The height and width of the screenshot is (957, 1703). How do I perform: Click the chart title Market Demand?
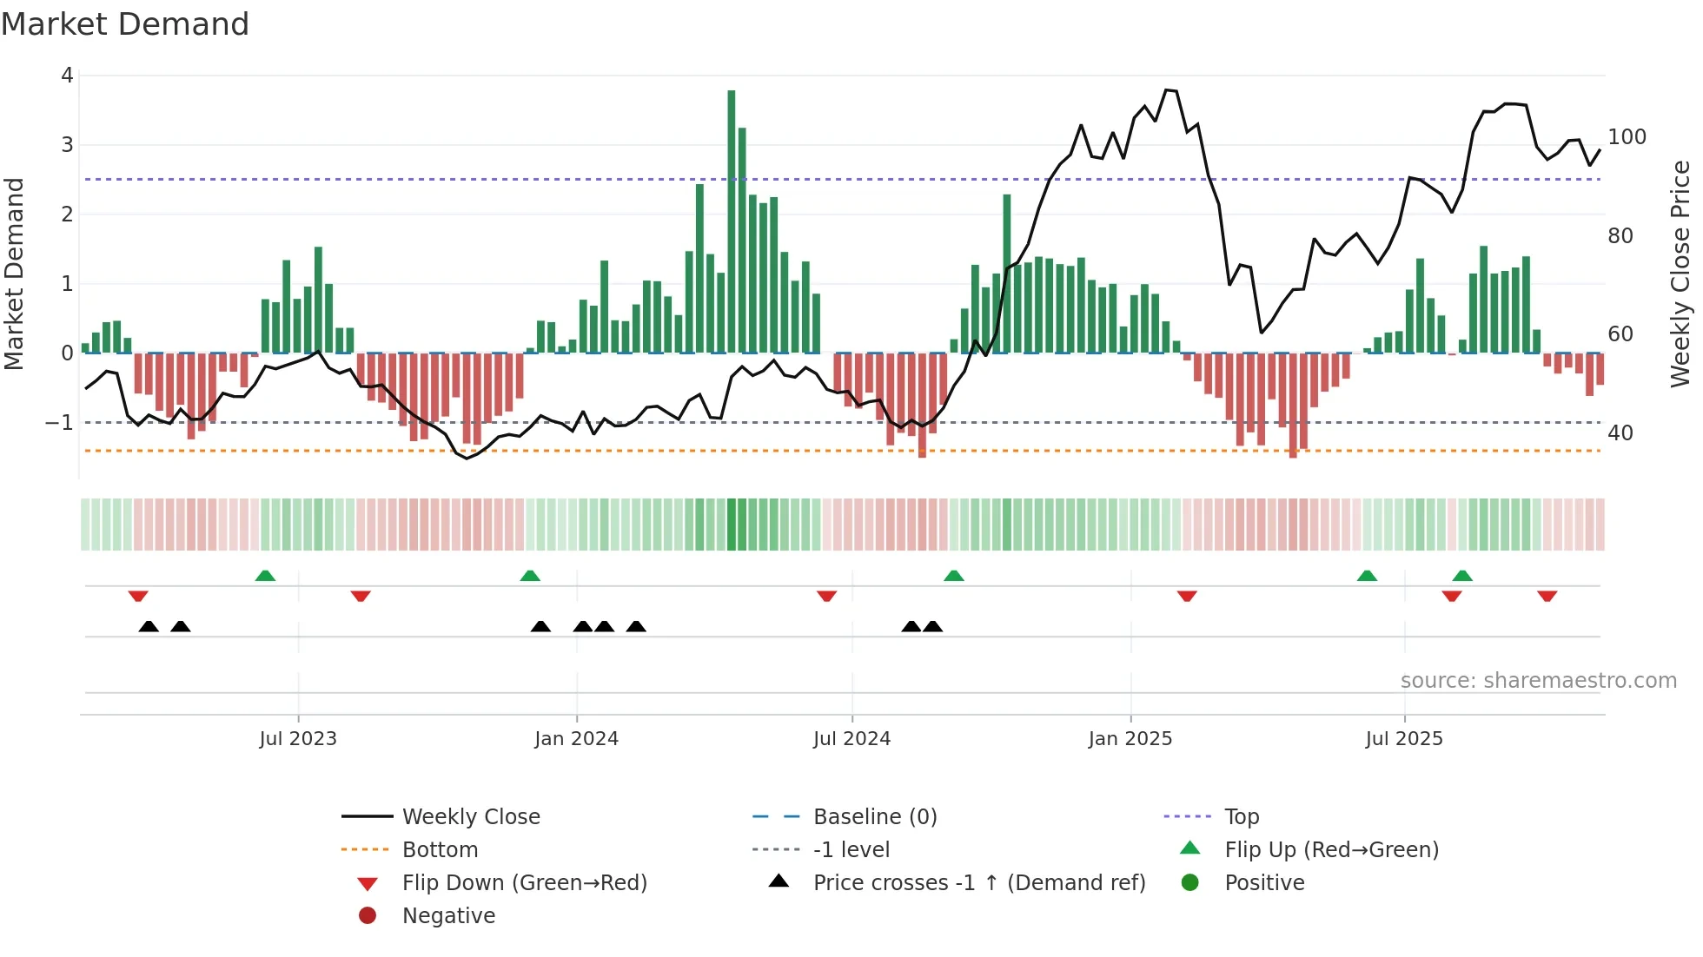(125, 24)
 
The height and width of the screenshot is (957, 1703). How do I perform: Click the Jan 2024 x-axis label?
(576, 739)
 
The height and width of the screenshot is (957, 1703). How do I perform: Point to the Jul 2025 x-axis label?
(1403, 739)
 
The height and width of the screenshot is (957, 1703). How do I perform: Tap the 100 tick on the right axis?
(1627, 137)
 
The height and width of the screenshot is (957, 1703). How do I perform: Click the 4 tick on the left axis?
(67, 76)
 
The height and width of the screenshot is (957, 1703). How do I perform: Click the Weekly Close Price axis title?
(1680, 274)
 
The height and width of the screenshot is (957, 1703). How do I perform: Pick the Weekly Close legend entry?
(470, 817)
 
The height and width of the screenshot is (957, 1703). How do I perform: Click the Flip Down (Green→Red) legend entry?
(524, 883)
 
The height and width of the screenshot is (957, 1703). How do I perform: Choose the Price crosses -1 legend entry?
(978, 883)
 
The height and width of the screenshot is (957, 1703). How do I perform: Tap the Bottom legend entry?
(440, 850)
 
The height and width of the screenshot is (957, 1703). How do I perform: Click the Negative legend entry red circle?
(368, 916)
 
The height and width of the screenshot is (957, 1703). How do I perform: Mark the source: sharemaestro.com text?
(1538, 681)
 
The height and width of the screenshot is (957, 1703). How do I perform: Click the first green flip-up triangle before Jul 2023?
(265, 576)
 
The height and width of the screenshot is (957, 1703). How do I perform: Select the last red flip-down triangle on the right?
(1547, 596)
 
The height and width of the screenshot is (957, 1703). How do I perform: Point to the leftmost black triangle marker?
(149, 626)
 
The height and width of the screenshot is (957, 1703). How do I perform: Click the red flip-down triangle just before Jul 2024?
(826, 596)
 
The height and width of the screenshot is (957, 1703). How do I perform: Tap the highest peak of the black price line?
(1167, 89)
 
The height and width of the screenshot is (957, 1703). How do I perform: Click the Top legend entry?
(1241, 817)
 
